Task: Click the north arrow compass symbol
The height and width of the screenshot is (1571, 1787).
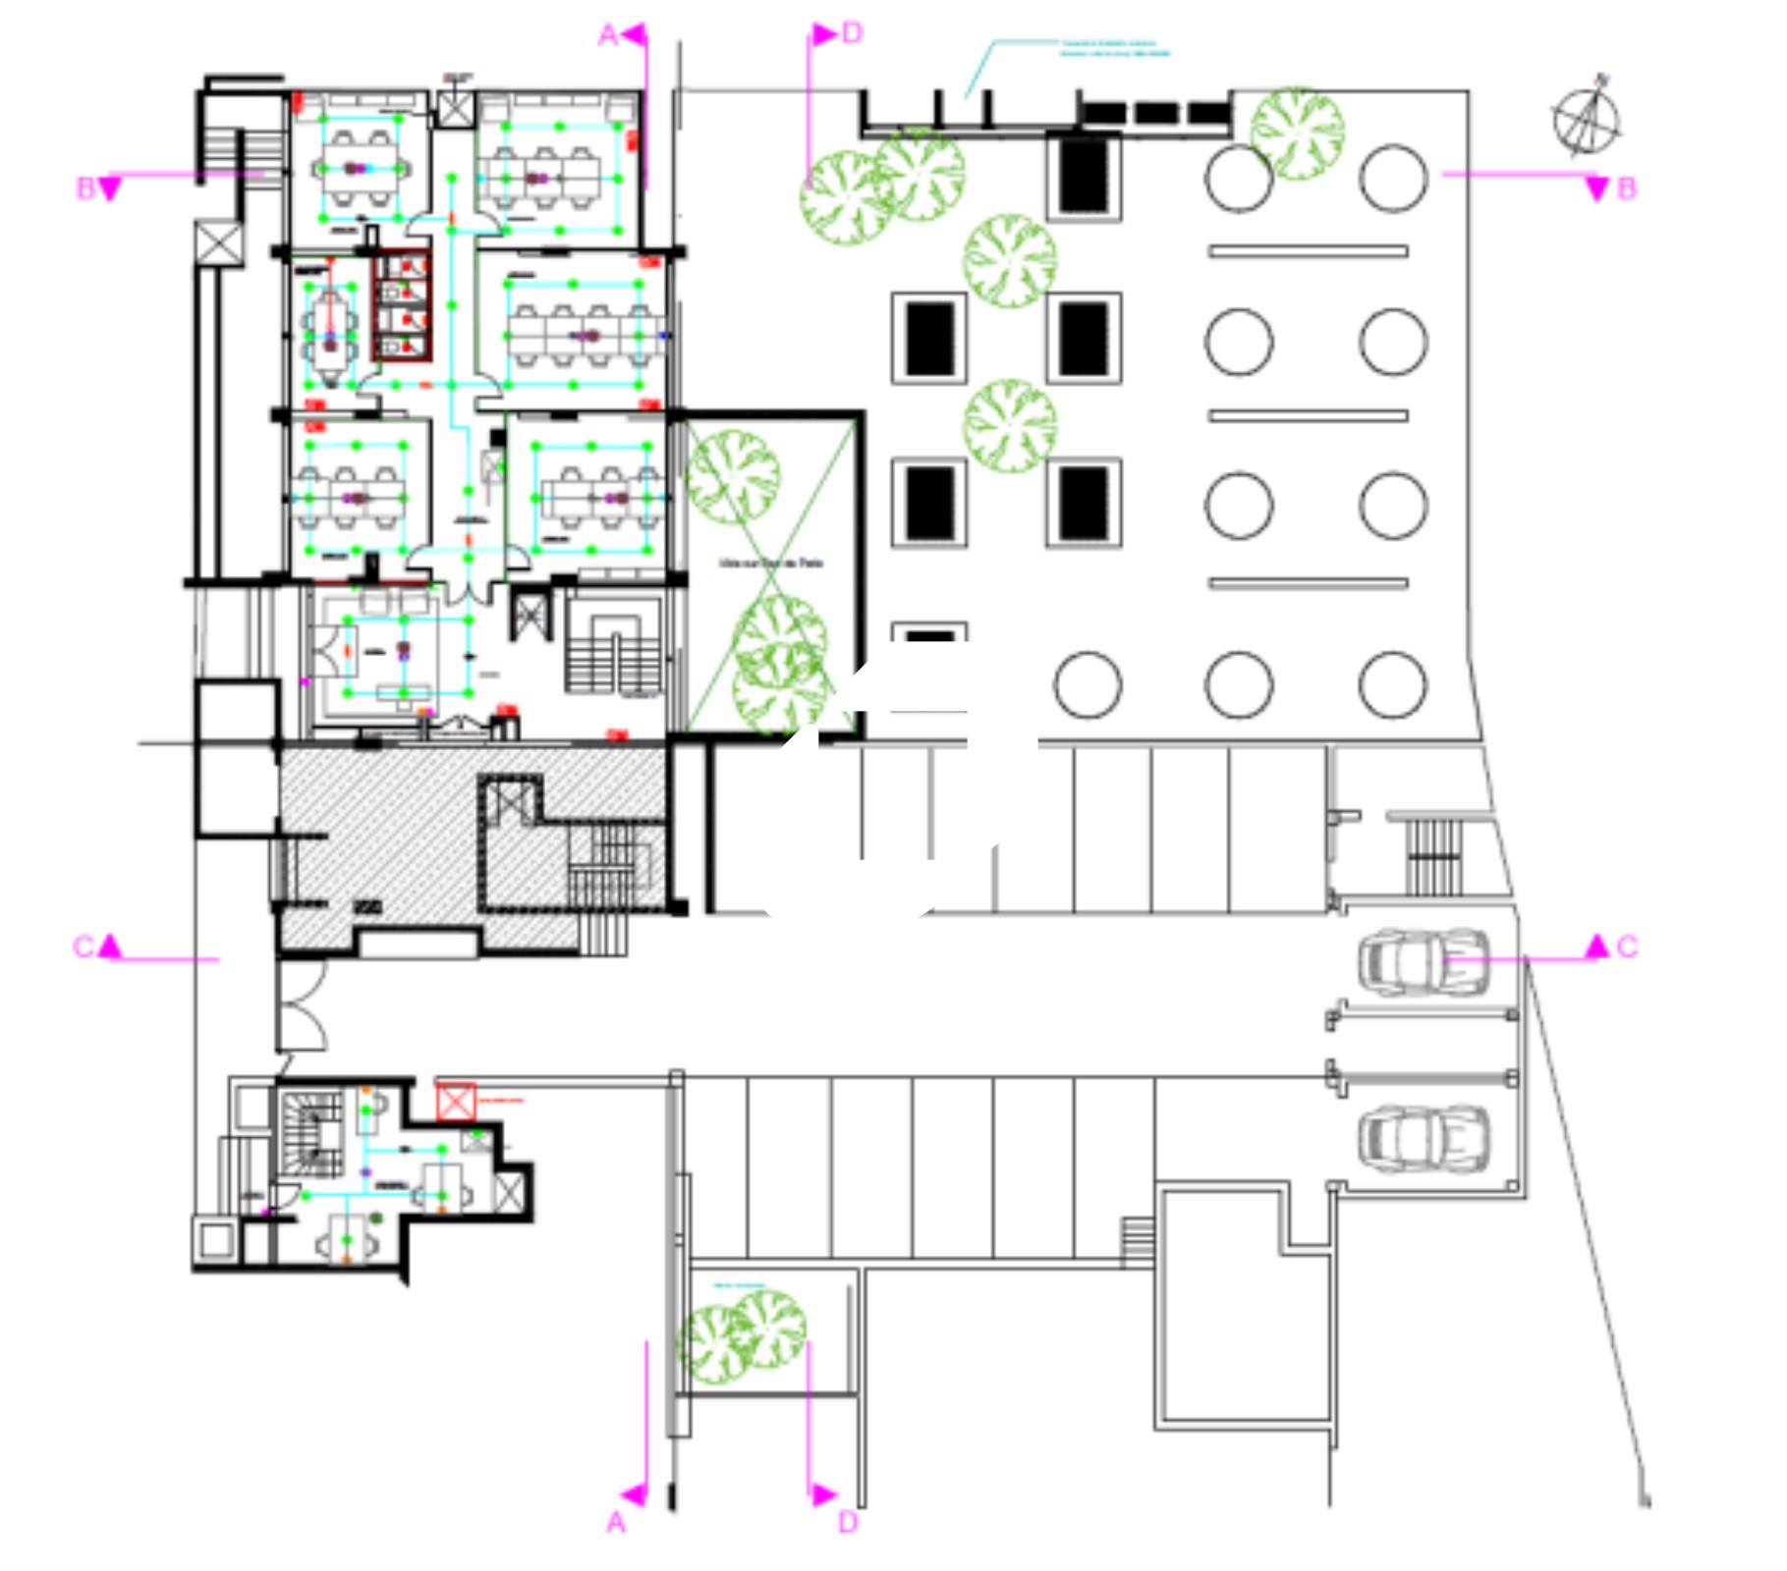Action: (x=1587, y=119)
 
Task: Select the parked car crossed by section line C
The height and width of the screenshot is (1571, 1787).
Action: (x=1423, y=961)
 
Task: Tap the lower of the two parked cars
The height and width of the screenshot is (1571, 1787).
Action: (x=1423, y=1138)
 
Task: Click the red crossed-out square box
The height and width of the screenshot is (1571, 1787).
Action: (x=455, y=1102)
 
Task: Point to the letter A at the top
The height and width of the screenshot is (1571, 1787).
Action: (x=608, y=36)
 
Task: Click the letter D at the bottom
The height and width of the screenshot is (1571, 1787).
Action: (x=848, y=1523)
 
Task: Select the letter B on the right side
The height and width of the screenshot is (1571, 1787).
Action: (x=1626, y=189)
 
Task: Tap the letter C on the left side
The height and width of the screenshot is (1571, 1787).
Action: (x=84, y=947)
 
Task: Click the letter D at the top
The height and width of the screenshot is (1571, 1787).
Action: (x=852, y=33)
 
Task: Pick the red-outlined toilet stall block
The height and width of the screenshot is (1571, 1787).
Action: (x=401, y=306)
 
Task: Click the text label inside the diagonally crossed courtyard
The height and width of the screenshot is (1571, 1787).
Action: (x=771, y=564)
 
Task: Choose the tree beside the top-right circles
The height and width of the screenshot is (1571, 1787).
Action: (x=1297, y=133)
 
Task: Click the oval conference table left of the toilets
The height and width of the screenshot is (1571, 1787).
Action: (x=330, y=323)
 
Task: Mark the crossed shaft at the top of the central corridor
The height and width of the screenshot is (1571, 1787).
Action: (x=455, y=108)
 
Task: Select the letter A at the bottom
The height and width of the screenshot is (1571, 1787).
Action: (x=616, y=1523)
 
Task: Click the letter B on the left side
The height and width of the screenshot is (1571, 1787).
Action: (x=85, y=188)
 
